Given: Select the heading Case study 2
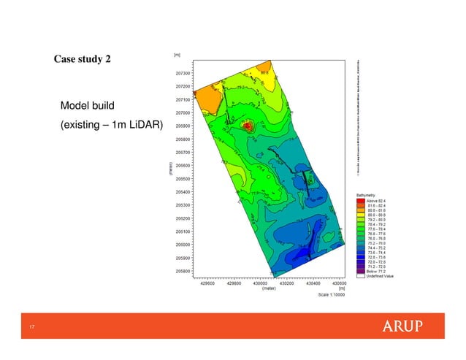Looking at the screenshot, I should click(83, 58).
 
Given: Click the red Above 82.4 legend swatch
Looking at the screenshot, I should click(360, 201).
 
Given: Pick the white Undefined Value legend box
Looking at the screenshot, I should click(360, 275).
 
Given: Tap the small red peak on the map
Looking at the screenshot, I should click(247, 126).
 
